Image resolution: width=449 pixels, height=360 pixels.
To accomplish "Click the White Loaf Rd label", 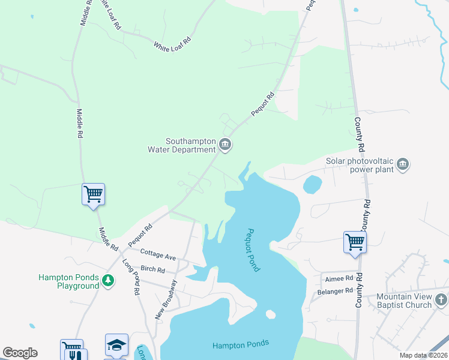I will click(172, 43).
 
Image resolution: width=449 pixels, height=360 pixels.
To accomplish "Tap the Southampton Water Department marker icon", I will click(225, 144).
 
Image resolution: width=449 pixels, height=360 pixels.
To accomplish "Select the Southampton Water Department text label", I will click(181, 145).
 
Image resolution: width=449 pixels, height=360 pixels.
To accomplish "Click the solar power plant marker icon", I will click(403, 164).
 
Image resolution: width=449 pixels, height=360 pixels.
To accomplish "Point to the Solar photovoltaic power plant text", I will click(360, 165).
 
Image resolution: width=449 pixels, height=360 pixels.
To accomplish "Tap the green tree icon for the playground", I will click(108, 280).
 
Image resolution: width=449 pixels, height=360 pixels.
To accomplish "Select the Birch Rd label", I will click(153, 270).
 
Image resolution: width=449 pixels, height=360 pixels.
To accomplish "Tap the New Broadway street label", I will click(166, 299).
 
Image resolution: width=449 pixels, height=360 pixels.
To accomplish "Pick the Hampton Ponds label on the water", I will click(240, 344).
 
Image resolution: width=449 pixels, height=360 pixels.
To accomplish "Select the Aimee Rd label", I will click(340, 278).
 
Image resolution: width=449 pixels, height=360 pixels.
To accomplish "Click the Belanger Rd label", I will click(336, 292).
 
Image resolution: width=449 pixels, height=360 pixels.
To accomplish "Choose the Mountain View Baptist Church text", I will click(404, 301).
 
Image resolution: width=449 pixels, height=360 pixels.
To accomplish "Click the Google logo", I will click(20, 353).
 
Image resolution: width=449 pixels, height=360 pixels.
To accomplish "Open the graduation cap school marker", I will click(116, 344).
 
